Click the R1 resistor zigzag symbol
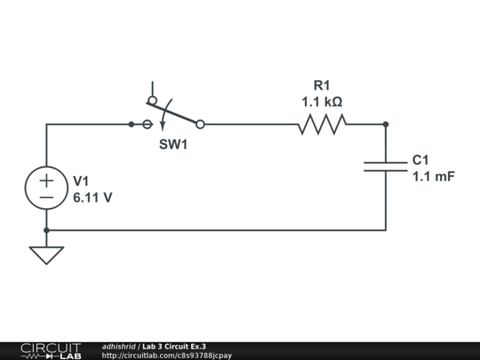point(323,124)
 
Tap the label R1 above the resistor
point(322,85)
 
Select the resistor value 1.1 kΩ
point(322,102)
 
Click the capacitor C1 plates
point(386,166)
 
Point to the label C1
point(420,160)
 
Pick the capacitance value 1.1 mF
point(434,177)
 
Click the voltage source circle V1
point(46,188)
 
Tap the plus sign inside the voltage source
point(46,180)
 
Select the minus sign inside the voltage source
point(46,197)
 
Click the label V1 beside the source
point(81,181)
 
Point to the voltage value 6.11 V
point(92,197)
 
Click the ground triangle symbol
point(46,255)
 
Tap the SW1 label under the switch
point(173,144)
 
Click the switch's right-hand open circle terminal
point(200,124)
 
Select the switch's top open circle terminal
point(153,100)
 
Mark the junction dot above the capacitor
point(386,124)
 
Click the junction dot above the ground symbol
point(46,230)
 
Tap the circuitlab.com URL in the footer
point(166,356)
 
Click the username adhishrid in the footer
point(118,347)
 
